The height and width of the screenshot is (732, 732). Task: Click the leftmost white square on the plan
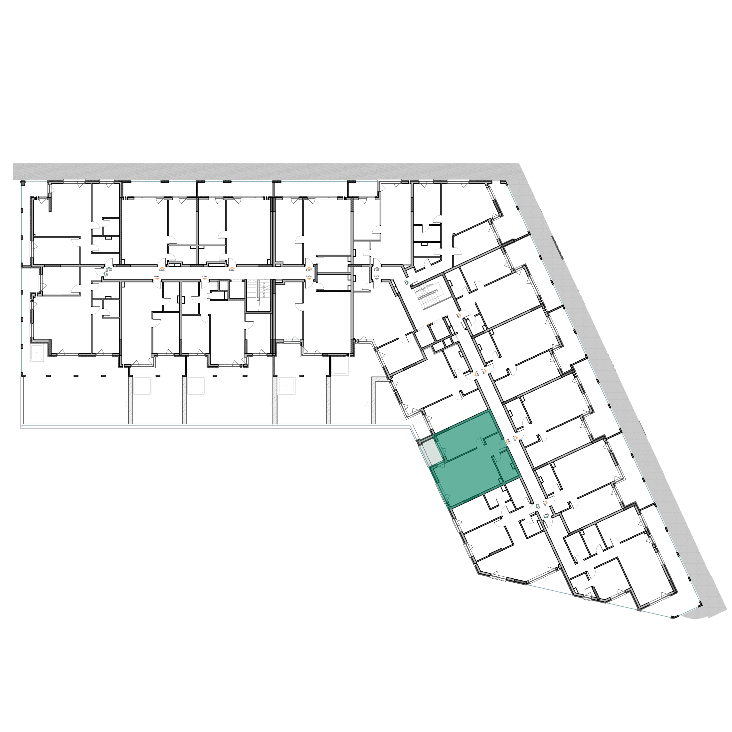[37, 353]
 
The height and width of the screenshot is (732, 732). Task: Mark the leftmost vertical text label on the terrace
[126, 400]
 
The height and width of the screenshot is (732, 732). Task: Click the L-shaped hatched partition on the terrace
[374, 398]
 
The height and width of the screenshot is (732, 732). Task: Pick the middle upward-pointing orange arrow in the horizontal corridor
[232, 268]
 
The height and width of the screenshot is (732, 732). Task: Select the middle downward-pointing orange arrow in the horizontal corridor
[205, 278]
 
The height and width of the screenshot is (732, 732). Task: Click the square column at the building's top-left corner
[22, 183]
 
